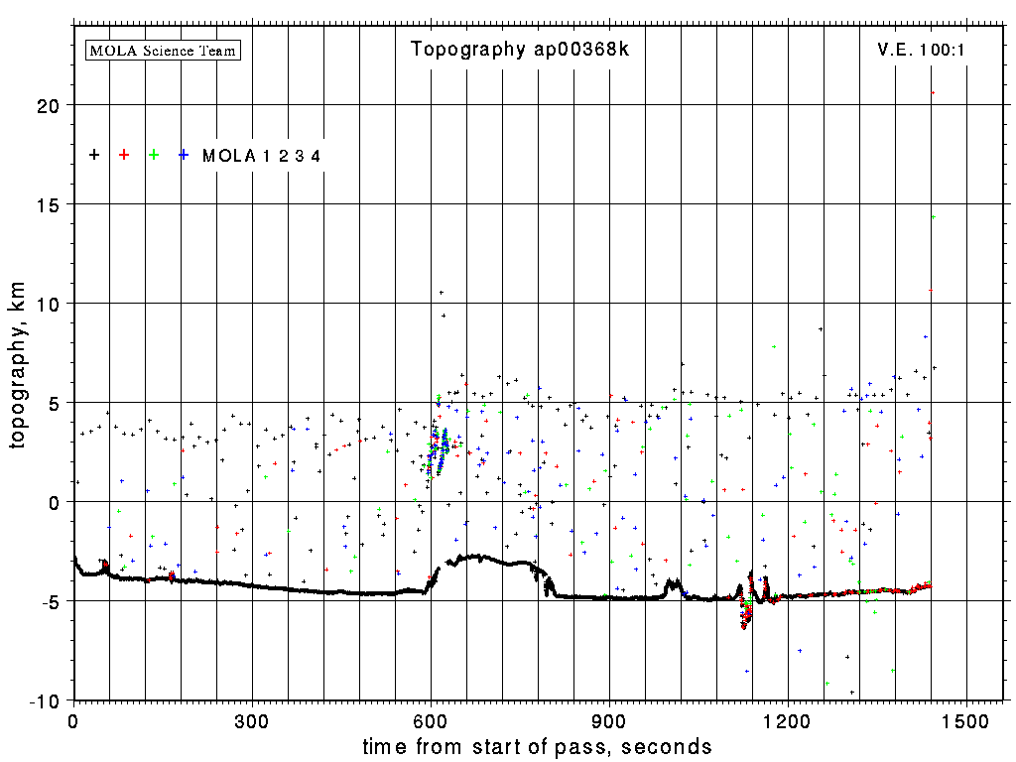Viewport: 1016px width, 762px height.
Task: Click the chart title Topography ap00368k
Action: click(520, 50)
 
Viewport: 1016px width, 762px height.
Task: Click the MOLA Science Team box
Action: click(164, 50)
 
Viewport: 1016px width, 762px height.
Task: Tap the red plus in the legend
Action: click(124, 155)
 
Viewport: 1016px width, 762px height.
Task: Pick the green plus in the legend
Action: click(154, 155)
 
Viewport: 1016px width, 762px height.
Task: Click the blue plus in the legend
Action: click(184, 155)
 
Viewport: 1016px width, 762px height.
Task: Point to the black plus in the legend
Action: click(94, 155)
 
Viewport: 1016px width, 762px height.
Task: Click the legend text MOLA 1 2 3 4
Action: click(261, 156)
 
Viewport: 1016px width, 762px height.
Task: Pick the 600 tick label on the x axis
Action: click(431, 720)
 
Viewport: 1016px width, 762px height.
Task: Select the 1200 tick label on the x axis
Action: click(788, 720)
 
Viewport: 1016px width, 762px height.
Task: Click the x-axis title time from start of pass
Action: click(537, 746)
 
